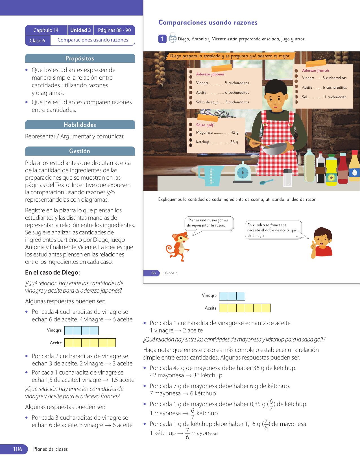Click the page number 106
(18, 449)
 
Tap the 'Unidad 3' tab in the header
(80, 30)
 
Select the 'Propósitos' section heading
(80, 58)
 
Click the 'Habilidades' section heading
(80, 125)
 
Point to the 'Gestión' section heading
(80, 151)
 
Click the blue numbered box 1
(162, 39)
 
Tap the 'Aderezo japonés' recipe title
(210, 74)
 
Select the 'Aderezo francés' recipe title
(316, 71)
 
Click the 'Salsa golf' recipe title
(205, 125)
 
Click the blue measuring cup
(210, 175)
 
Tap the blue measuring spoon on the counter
(266, 182)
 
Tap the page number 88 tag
(153, 273)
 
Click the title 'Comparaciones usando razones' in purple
(208, 23)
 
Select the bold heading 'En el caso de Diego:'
(53, 273)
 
